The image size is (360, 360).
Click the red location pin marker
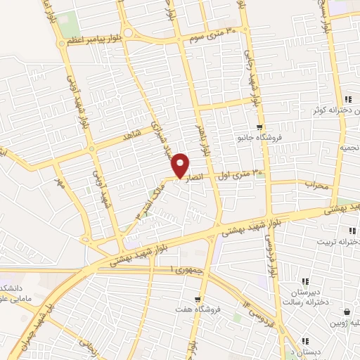(181, 165)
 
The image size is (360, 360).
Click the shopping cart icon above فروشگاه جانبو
(260, 127)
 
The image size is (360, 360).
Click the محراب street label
(316, 184)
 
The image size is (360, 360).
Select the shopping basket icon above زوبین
(347, 312)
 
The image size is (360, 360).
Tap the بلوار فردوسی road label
(268, 246)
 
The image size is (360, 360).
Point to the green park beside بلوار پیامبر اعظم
(70, 26)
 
